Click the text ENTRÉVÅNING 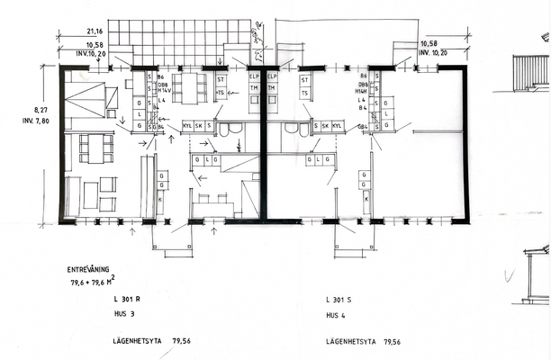click(93, 269)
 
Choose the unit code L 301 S click(343, 298)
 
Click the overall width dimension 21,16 click(68, 31)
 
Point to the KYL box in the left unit click(187, 126)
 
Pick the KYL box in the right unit click(338, 126)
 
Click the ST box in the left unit click(221, 79)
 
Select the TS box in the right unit click(305, 94)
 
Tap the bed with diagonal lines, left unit click(85, 99)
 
